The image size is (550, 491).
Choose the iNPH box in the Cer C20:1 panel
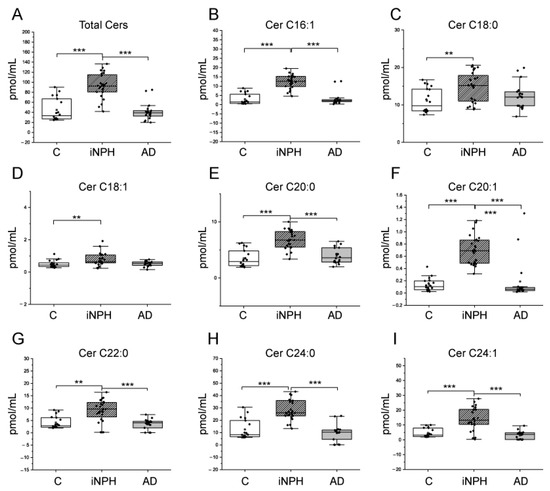click(x=475, y=251)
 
